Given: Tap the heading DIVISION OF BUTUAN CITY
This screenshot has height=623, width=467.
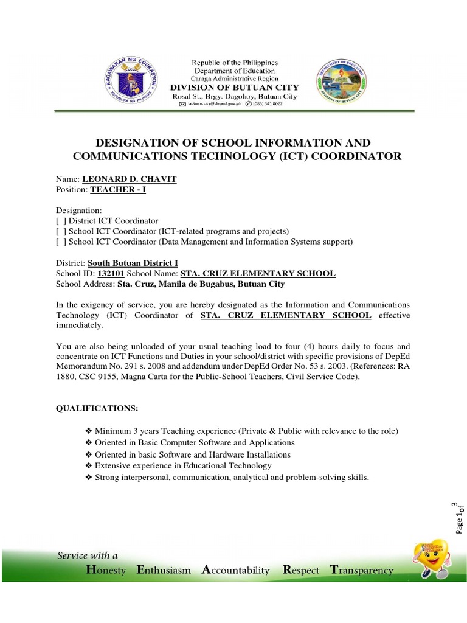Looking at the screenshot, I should click(235, 88).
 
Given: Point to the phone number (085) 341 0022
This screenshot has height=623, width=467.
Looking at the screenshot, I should click(265, 105).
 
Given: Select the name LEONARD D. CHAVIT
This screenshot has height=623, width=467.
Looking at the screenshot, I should click(130, 179).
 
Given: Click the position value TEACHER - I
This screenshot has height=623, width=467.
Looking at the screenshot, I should click(118, 190).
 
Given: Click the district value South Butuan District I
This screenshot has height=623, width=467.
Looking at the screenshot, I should click(133, 263).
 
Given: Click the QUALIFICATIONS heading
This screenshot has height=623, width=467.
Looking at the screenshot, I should click(97, 408).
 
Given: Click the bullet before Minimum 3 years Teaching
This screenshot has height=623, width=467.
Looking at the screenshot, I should click(90, 431).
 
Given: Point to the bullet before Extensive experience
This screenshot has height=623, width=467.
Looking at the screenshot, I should click(90, 465).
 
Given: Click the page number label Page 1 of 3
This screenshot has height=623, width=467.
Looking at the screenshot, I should click(459, 517).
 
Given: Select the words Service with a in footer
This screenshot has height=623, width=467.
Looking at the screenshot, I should click(88, 555).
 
